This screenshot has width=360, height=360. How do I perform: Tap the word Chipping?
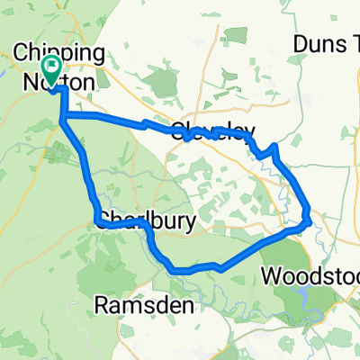pyautogui.click(x=66, y=53)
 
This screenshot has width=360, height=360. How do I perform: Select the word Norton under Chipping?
pyautogui.click(x=64, y=82)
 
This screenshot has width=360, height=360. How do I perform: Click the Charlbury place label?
pyautogui.click(x=143, y=220)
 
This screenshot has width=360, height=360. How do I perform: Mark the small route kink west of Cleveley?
pyautogui.click(x=145, y=123)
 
